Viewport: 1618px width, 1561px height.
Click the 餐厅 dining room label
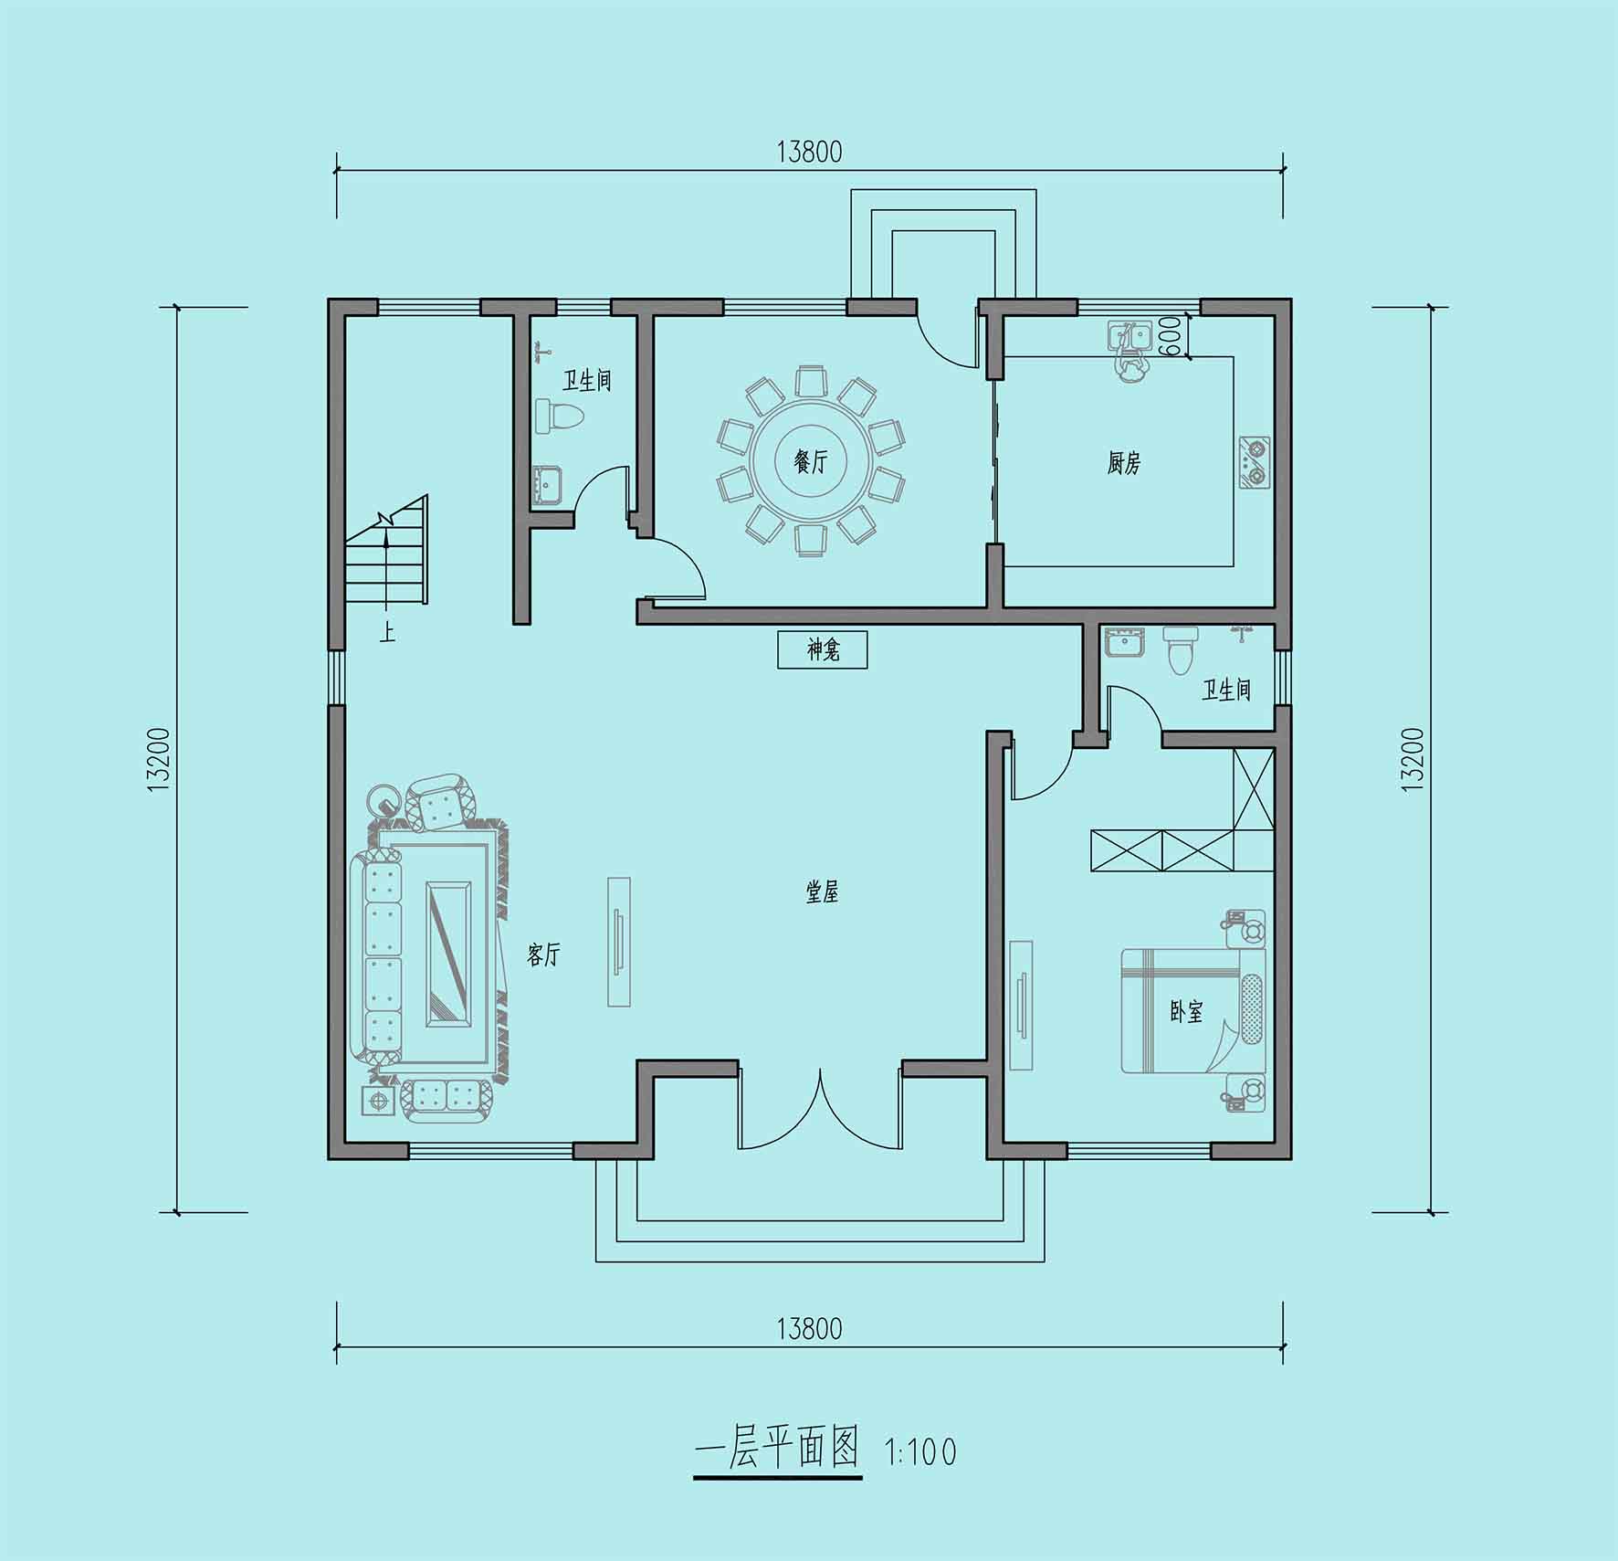pyautogui.click(x=811, y=461)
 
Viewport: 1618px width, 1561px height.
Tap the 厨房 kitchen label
pyautogui.click(x=1124, y=463)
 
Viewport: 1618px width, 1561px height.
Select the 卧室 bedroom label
pyautogui.click(x=1186, y=1011)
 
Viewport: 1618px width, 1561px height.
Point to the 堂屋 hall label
pyautogui.click(x=822, y=891)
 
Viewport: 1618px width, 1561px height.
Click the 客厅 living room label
pyautogui.click(x=543, y=955)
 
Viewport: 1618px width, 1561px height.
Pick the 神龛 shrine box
pyautogui.click(x=822, y=650)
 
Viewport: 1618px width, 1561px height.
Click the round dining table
pyautogui.click(x=810, y=460)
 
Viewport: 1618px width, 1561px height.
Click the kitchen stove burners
pyautogui.click(x=1254, y=463)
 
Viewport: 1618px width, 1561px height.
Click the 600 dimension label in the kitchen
pyautogui.click(x=1168, y=336)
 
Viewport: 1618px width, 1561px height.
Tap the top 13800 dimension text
pyautogui.click(x=809, y=152)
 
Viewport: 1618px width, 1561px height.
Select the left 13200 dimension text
pyautogui.click(x=158, y=759)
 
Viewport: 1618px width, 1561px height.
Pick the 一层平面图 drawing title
pyautogui.click(x=778, y=1449)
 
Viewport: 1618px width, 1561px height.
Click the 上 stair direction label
pyautogui.click(x=388, y=632)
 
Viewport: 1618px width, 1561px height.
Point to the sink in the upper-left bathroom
pyautogui.click(x=547, y=483)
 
